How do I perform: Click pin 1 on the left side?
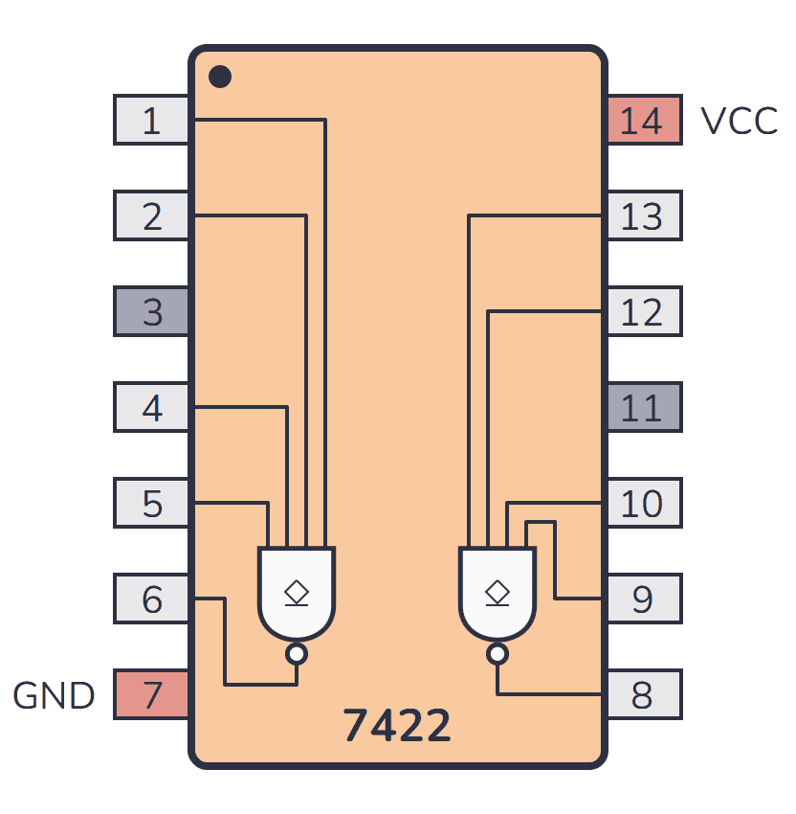coord(151,121)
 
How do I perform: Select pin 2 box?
coord(151,216)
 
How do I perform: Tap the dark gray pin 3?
coord(151,312)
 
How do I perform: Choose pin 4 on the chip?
coord(151,408)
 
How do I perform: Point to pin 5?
coord(151,504)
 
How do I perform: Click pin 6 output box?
coord(151,599)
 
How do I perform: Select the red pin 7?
coord(151,695)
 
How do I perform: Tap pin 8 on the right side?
coord(643,695)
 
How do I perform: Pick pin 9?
coord(643,599)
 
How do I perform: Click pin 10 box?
coord(643,504)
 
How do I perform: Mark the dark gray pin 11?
coord(643,408)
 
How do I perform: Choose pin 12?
coord(643,312)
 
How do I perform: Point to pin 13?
coord(643,216)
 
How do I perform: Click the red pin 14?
coord(643,121)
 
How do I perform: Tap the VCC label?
coord(739,122)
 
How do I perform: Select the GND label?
coord(54,696)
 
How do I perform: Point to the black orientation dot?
coord(220,77)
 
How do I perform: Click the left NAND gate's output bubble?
coord(297,654)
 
